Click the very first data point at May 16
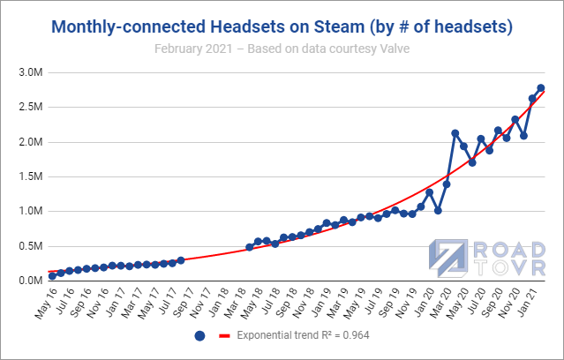click(x=53, y=276)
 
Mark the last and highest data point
click(x=541, y=88)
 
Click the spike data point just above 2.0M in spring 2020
click(x=455, y=133)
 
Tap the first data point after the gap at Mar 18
click(x=250, y=247)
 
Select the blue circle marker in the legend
click(x=199, y=336)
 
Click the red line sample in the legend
click(x=224, y=336)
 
